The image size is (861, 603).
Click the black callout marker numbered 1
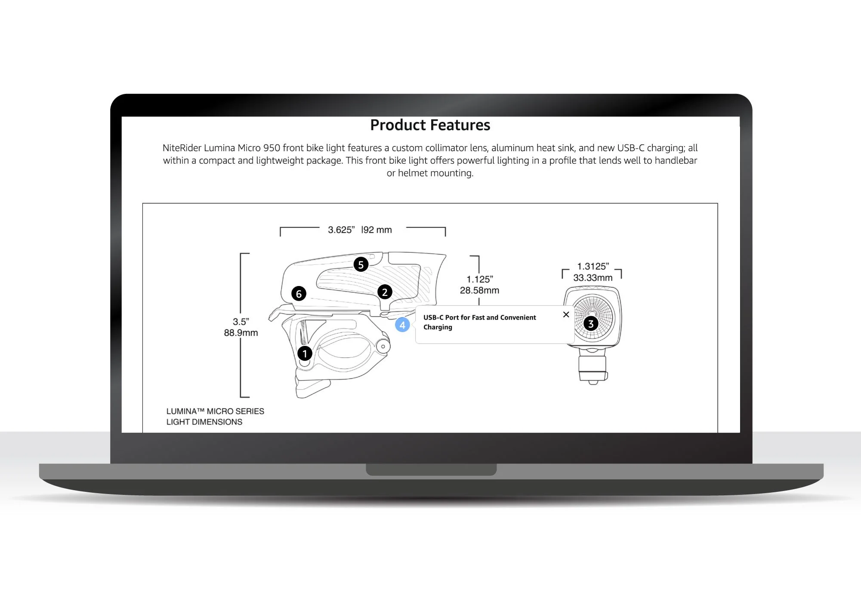305,354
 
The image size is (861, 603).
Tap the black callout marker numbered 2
385,292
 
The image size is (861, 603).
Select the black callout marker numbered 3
591,323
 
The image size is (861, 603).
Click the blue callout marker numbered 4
402,325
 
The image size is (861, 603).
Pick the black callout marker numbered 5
361,264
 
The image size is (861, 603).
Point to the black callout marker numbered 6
299,294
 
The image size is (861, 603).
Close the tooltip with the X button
566,314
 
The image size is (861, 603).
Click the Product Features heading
430,125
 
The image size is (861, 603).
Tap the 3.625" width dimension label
341,230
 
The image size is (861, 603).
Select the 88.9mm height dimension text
241,333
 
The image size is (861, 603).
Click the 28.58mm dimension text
479,291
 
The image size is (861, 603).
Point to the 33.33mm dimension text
593,278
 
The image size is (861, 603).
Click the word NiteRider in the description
182,148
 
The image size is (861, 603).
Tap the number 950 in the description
272,148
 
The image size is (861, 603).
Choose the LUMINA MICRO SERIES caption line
215,411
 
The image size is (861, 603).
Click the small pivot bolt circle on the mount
383,346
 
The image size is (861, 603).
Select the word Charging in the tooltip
438,327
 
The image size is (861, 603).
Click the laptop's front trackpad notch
431,469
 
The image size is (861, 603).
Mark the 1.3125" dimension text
593,267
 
